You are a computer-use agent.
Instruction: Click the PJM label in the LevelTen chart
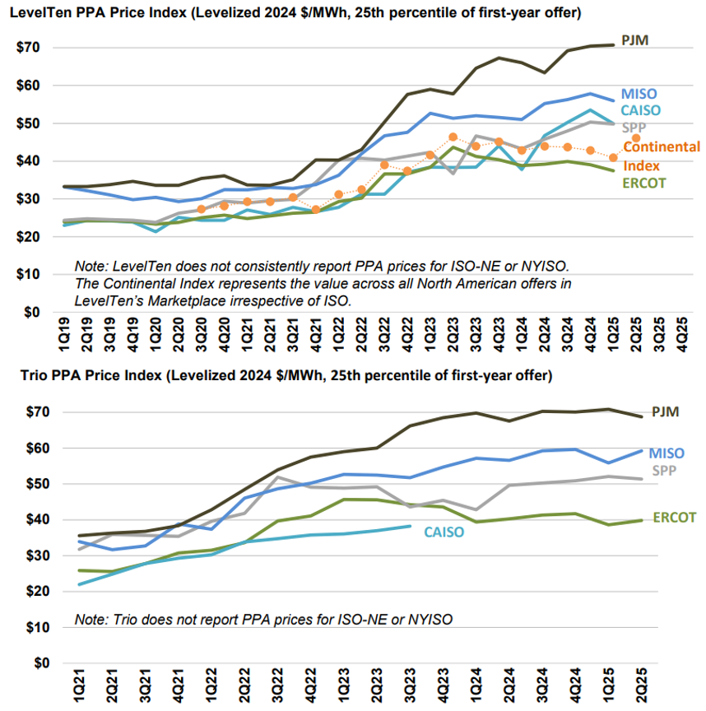point(637,39)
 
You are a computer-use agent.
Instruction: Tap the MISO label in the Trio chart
point(665,453)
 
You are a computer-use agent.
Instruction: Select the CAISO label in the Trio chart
point(444,532)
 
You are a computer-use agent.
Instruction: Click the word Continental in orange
point(662,147)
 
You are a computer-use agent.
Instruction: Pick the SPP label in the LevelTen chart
point(633,127)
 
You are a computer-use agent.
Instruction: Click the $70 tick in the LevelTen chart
point(29,48)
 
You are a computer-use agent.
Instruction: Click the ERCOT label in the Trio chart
point(675,518)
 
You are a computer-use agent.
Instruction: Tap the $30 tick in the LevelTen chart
point(29,199)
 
